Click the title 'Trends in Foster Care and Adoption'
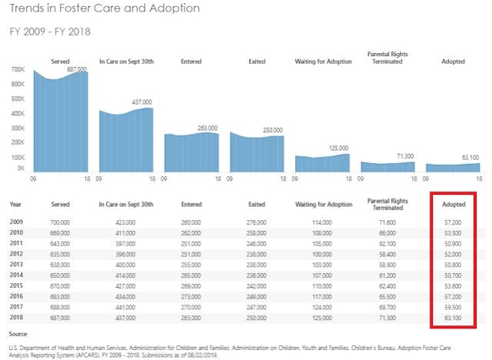105,8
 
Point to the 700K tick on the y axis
18,69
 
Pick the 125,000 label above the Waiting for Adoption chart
338,148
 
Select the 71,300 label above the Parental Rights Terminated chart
404,155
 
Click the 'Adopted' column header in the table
453,205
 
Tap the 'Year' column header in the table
15,204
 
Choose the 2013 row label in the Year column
16,263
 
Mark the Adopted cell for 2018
454,316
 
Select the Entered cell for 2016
191,295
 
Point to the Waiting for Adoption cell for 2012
323,252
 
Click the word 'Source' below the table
18,334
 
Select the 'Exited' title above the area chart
258,61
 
